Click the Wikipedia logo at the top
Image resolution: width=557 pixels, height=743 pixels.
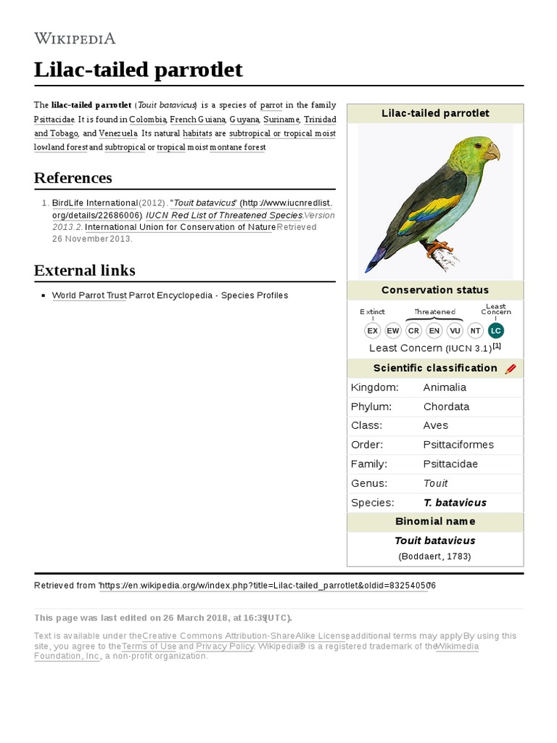click(x=75, y=38)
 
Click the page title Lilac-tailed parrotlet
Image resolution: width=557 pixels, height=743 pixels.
click(x=138, y=70)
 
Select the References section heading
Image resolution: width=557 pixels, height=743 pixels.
click(x=73, y=178)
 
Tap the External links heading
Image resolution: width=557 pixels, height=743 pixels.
click(x=84, y=271)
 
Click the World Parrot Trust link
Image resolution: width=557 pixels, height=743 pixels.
click(x=89, y=295)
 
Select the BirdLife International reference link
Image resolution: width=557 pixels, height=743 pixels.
click(x=94, y=203)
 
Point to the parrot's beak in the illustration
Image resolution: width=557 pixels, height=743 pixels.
click(x=492, y=152)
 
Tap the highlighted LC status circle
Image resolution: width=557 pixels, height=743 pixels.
click(x=495, y=331)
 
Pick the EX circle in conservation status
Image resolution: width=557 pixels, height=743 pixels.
click(x=372, y=331)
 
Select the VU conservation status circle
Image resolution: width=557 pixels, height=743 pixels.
click(x=455, y=331)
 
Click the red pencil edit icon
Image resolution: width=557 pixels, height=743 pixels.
click(x=511, y=369)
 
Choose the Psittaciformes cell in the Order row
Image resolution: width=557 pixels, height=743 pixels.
click(x=458, y=445)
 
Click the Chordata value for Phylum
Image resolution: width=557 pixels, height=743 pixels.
click(x=446, y=406)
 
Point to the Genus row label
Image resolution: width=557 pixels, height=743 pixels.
click(x=368, y=483)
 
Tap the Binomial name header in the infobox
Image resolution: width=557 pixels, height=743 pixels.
click(x=435, y=522)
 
